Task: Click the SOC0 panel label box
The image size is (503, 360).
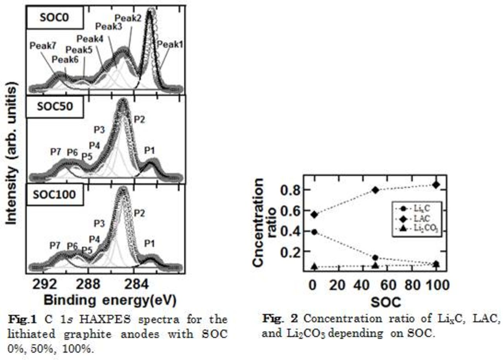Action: coord(55,18)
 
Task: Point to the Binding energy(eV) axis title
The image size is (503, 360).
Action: coord(110,300)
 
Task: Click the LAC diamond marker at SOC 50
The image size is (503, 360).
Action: coord(376,190)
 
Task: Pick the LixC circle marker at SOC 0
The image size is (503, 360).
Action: coord(314,232)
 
